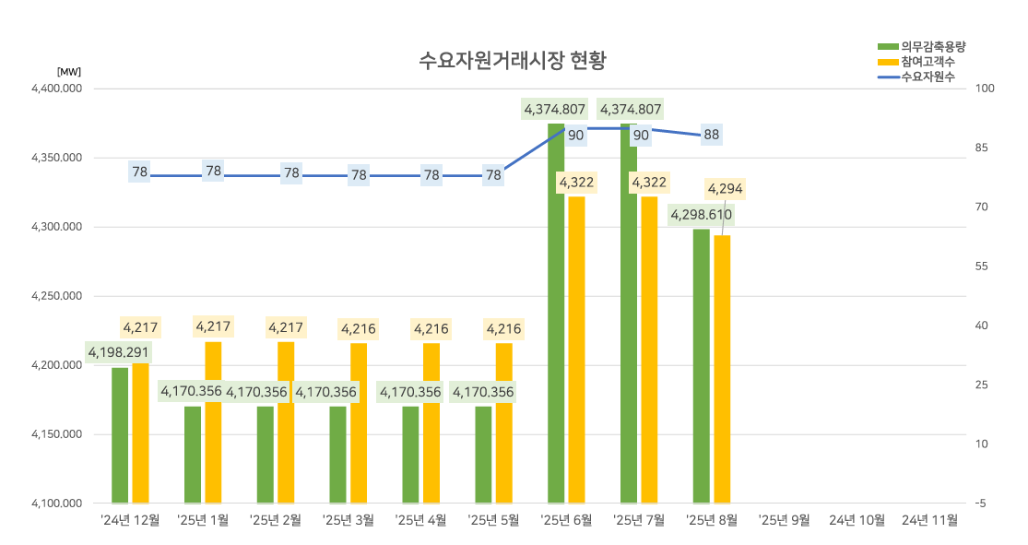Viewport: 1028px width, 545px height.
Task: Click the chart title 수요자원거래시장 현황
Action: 513,61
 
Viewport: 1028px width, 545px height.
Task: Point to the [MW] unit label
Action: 69,71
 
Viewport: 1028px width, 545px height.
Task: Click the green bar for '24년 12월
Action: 120,435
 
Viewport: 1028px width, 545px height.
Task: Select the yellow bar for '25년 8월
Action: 722,369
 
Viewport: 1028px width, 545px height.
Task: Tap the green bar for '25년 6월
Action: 556,314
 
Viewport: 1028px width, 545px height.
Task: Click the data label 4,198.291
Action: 118,352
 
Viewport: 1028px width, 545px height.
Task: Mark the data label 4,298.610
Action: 701,215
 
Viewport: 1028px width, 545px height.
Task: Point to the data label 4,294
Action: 725,189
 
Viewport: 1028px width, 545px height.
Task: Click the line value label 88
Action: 711,135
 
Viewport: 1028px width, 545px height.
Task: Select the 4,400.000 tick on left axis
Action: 57,89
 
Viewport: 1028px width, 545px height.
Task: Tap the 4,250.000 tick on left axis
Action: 57,296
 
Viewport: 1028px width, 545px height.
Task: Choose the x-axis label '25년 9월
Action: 785,520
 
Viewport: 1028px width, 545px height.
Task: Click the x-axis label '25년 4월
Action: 420,520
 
